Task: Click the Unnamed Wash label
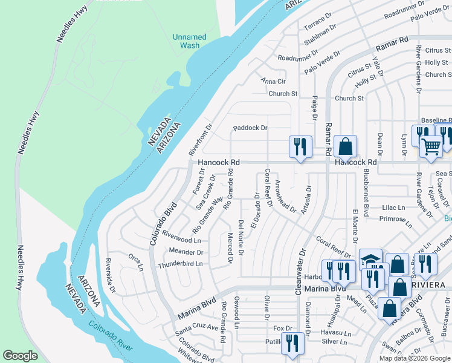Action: point(190,41)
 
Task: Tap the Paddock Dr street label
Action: point(251,128)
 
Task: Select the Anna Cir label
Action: point(273,81)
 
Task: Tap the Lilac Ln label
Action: point(393,208)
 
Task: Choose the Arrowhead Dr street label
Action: point(285,197)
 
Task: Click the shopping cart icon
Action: point(431,146)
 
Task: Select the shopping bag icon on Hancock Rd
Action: point(345,146)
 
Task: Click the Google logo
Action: point(21,356)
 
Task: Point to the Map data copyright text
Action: point(414,358)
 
